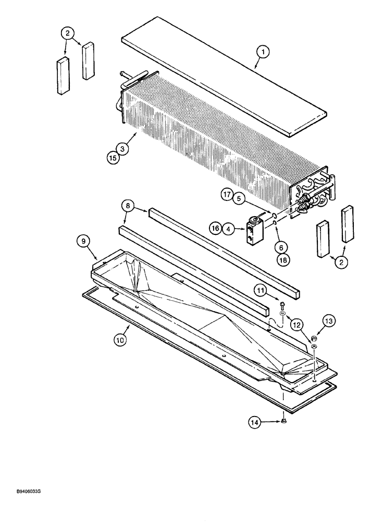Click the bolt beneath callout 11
pos(282,305)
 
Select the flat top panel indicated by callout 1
pos(224,84)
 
